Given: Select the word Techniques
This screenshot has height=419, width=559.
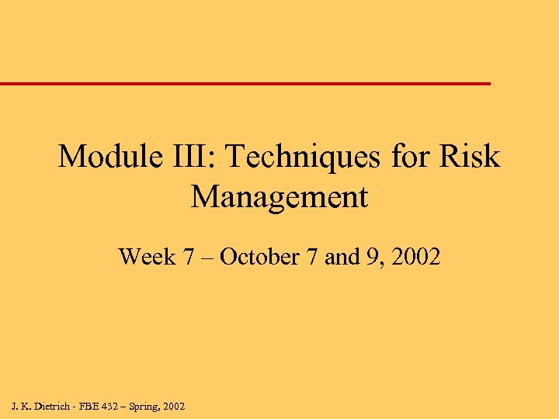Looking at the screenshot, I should (305, 158).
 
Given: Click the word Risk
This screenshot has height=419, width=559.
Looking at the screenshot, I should (470, 158).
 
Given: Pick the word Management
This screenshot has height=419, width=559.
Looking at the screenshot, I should (279, 198).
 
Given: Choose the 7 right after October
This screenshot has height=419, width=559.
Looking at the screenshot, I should (312, 257).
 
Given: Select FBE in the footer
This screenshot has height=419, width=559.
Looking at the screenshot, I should (90, 406).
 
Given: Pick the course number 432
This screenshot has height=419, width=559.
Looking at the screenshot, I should (113, 406).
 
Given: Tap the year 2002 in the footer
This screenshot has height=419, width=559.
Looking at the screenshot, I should (175, 406).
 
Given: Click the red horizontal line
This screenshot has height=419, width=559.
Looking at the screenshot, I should (245, 83).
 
